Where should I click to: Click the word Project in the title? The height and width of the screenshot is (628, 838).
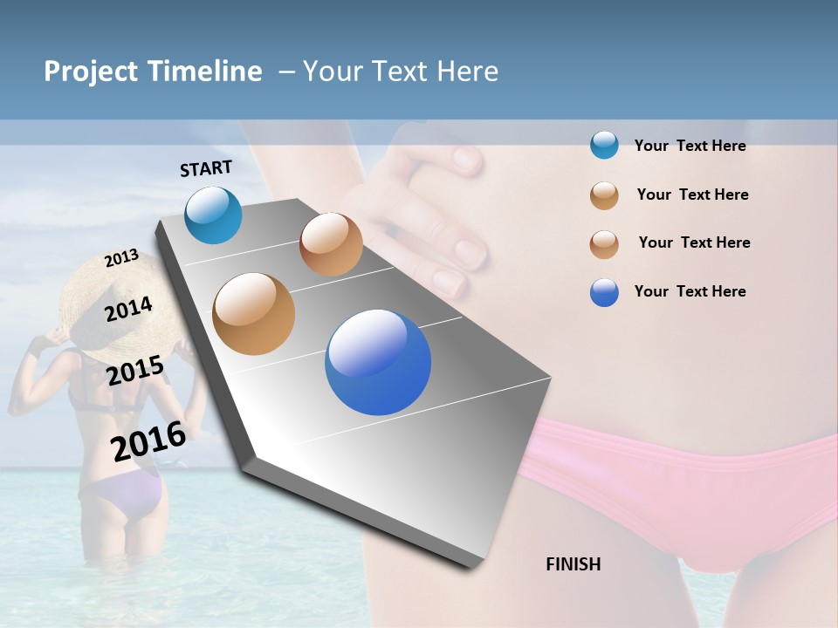(92, 72)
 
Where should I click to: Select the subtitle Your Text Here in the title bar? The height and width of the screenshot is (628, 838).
(400, 72)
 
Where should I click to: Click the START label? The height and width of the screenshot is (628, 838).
(206, 168)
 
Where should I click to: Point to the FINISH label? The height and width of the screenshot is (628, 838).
(573, 564)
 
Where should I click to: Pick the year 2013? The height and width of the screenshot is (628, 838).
(121, 258)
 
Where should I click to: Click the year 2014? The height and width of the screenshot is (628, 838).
(128, 309)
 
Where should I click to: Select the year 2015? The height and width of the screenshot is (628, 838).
(135, 371)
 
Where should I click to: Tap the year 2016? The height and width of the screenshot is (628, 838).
(148, 440)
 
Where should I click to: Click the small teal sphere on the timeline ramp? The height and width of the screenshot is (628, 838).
(213, 215)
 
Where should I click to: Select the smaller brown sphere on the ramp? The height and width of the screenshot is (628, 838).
(331, 244)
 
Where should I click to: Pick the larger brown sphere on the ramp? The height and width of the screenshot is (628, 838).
(254, 314)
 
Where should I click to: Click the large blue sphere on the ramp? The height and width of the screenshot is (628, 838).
(378, 362)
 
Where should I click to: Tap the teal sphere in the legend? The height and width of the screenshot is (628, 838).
(604, 145)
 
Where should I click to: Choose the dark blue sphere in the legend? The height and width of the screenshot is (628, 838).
(604, 292)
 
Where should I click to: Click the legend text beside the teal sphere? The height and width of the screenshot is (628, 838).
(690, 146)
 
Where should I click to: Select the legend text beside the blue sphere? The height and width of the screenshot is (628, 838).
(690, 291)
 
